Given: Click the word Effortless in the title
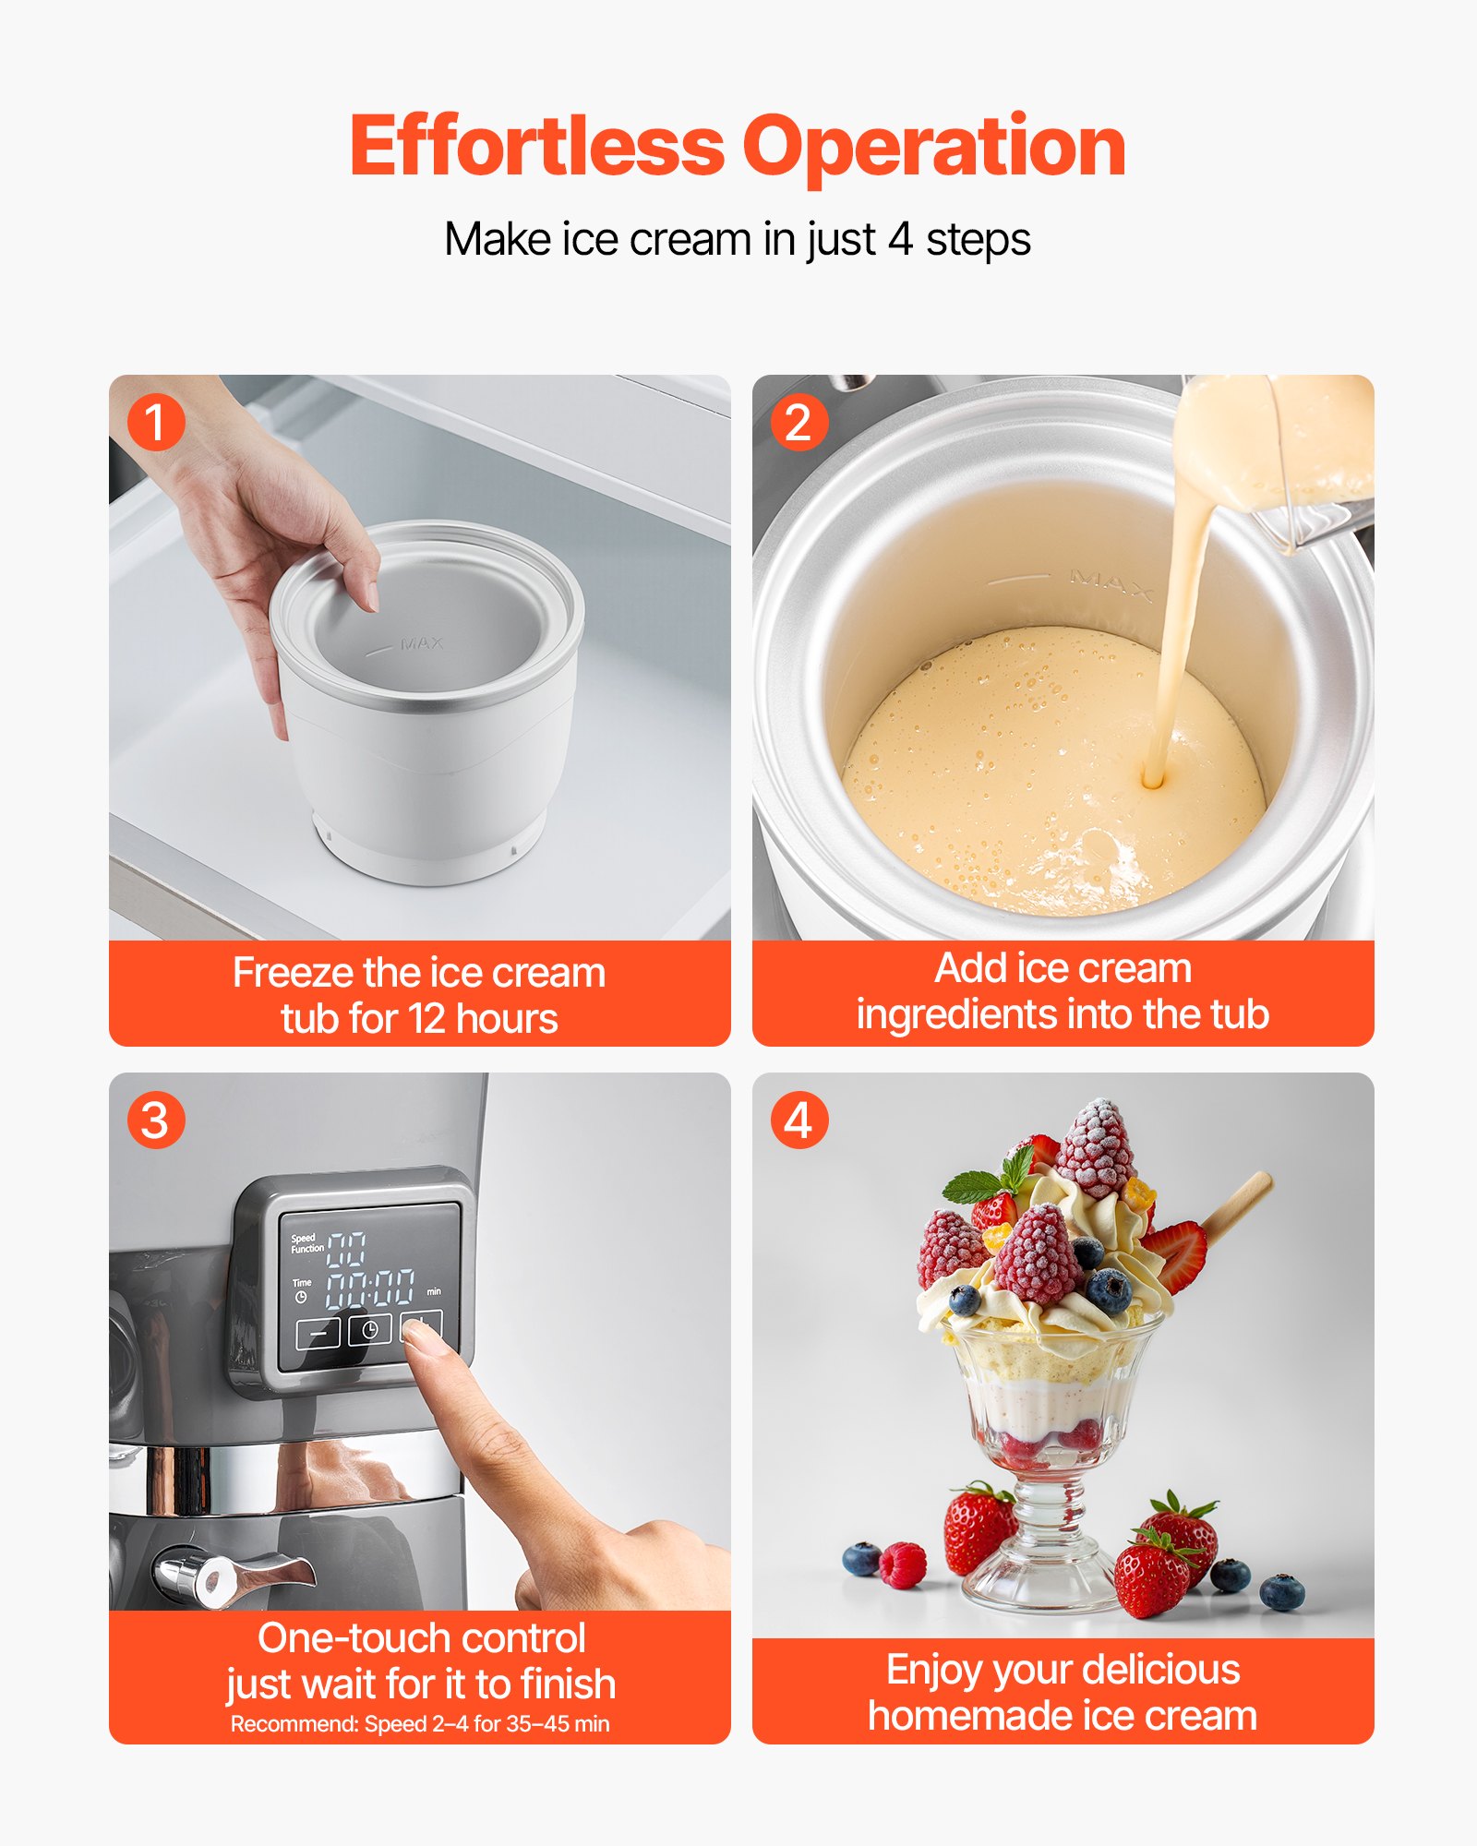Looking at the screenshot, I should (x=537, y=148).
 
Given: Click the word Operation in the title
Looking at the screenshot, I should (x=933, y=148).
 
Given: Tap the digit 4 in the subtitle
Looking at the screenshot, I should (x=900, y=240).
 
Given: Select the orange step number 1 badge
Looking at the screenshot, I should (x=156, y=423).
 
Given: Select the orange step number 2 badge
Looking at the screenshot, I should (x=799, y=423).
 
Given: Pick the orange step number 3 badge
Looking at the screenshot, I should (x=156, y=1121).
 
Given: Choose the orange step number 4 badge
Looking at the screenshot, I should (x=799, y=1121).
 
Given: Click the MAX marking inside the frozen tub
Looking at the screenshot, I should (x=422, y=643).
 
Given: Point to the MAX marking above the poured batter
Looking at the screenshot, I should (x=1111, y=584).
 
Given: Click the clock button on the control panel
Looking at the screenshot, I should (x=369, y=1330).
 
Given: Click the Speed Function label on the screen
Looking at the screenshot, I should (x=306, y=1243).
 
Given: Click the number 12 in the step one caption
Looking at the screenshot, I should (x=426, y=1019).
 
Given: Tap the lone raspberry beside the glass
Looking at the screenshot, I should (x=902, y=1566).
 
